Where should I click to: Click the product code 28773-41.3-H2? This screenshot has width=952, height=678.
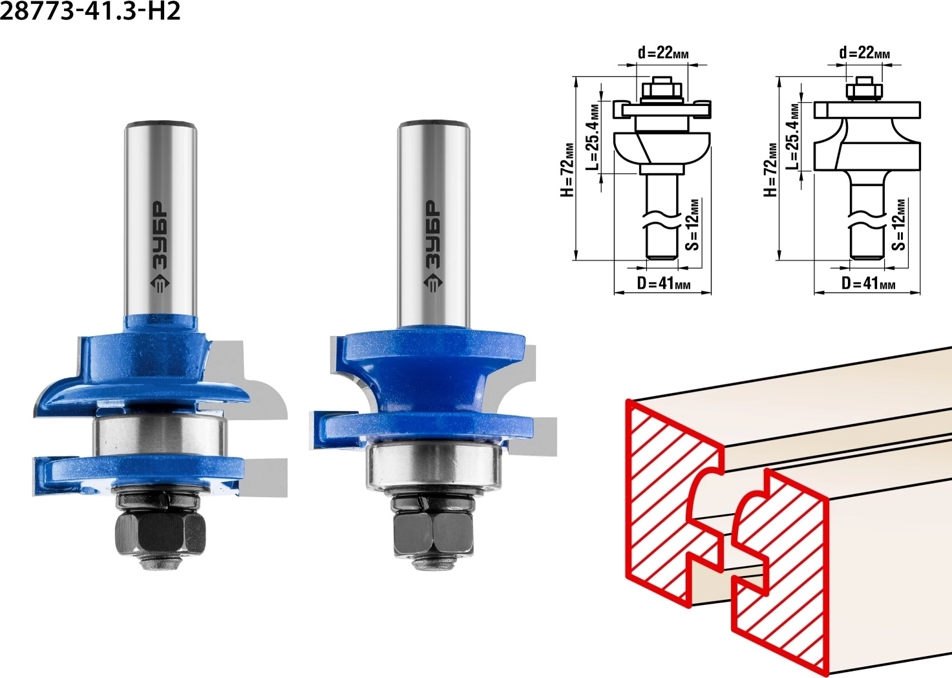coord(90,12)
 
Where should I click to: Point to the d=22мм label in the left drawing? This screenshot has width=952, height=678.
coord(663,53)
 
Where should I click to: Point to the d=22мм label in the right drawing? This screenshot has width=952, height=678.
coord(865,53)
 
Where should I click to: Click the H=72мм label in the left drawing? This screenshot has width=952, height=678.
coord(567,170)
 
